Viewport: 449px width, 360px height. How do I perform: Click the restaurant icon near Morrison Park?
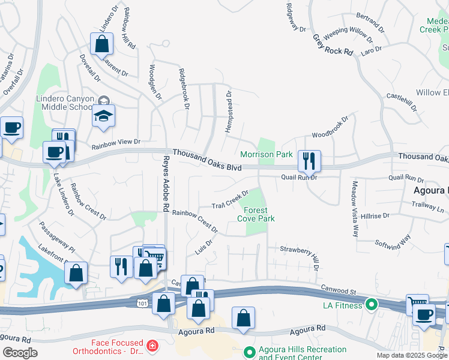click(x=309, y=160)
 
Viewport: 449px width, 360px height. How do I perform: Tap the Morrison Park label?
click(x=267, y=155)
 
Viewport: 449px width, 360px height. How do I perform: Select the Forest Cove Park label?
click(x=256, y=214)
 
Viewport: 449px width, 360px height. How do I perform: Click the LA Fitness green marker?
click(x=372, y=305)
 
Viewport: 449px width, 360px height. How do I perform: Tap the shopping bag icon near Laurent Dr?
click(x=101, y=43)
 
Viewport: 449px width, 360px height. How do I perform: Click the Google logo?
click(x=20, y=353)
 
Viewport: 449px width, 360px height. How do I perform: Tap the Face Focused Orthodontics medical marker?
click(x=152, y=346)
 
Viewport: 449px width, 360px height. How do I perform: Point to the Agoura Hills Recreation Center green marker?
click(x=250, y=352)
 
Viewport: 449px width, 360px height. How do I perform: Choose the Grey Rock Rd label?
click(x=332, y=44)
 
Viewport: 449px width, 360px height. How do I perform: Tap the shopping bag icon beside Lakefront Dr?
click(x=76, y=273)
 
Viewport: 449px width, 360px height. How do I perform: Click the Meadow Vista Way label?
click(x=355, y=208)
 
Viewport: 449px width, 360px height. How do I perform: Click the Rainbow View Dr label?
click(x=115, y=143)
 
